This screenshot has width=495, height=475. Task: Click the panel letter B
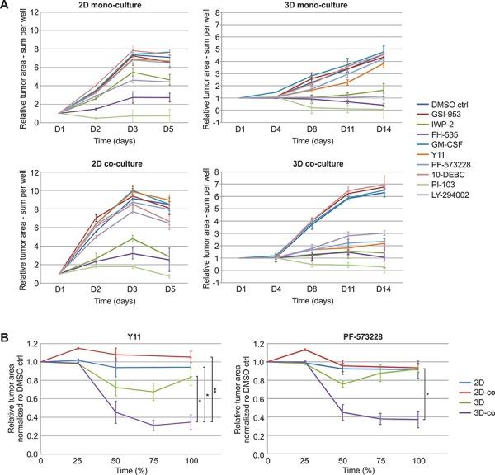[7, 316]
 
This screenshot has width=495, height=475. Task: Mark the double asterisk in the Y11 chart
[215, 389]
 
